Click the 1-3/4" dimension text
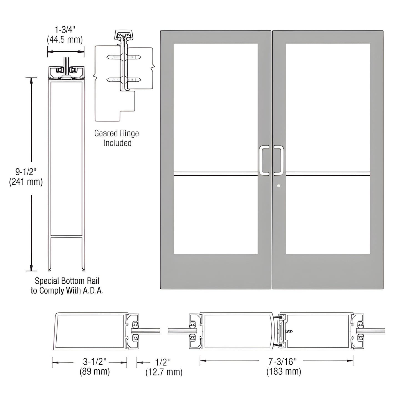coord(65,30)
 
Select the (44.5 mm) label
coord(65,40)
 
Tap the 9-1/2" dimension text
coord(26,172)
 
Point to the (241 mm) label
coord(26,182)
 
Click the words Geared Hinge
coord(117,133)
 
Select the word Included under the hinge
coord(117,143)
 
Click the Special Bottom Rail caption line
coord(67,281)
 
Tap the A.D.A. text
coord(94,291)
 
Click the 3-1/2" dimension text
coord(95,362)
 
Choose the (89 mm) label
coord(95,371)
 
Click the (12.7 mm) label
coord(164,372)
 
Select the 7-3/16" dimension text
coord(282,361)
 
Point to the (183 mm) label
coord(284,372)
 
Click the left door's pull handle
coord(264,161)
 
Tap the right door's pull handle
coord(279,161)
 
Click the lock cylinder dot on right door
coord(279,186)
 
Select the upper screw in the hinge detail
coord(124,57)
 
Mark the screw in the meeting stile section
coord(289,331)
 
